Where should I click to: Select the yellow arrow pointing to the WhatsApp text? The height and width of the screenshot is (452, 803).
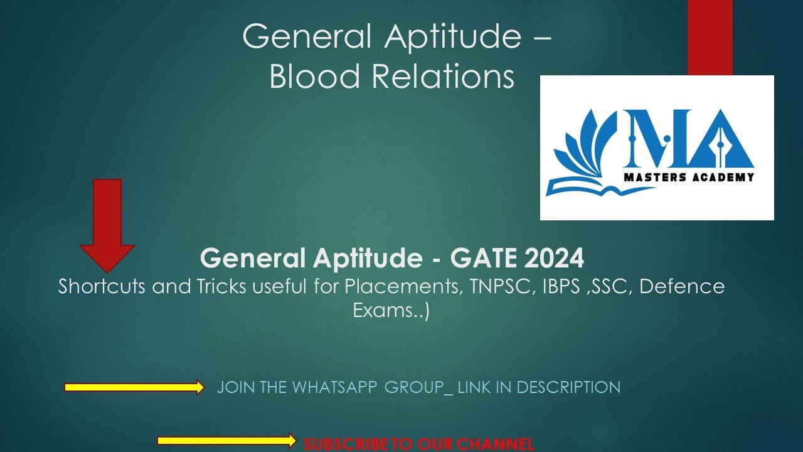coord(134,387)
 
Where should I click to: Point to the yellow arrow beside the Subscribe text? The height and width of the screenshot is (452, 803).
coord(226,441)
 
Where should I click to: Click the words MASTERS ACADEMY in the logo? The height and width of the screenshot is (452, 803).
coord(688,177)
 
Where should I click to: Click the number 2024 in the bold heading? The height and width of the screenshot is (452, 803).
coord(553,257)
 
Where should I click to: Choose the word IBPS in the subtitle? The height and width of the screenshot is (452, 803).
coord(565,287)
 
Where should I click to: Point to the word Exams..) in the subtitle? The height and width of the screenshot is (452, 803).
coord(391,311)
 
